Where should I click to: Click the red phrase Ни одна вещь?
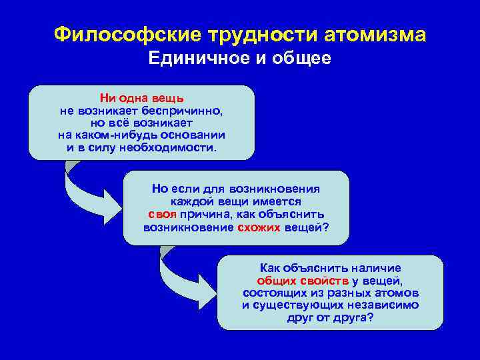click(x=142, y=99)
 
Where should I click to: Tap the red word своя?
click(x=163, y=213)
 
